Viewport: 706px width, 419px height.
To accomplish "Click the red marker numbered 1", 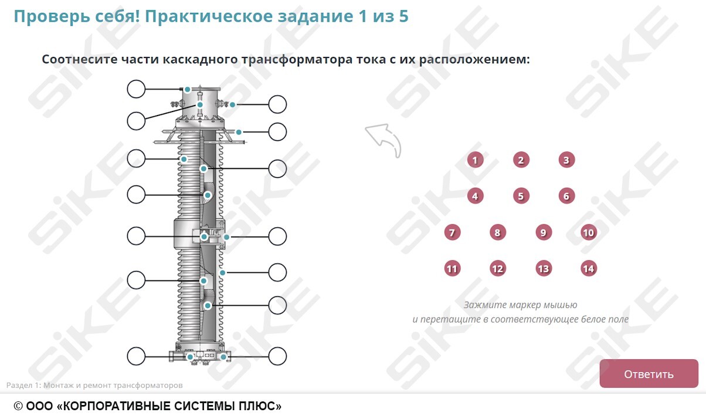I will click(475, 160).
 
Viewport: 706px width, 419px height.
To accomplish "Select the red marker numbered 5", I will click(521, 196).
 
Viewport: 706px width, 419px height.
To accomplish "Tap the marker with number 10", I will click(588, 232).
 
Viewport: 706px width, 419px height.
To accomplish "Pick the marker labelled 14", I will click(588, 269).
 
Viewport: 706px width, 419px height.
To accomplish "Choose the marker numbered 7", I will click(452, 232).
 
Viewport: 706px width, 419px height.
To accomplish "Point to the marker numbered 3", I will click(566, 160).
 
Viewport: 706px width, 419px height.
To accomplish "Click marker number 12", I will click(497, 269).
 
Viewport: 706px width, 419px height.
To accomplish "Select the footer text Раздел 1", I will click(23, 386).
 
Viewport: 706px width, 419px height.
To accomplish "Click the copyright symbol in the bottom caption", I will click(18, 406).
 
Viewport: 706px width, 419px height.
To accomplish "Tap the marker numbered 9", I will click(543, 232).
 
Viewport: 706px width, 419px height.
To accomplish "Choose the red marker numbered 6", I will click(566, 196).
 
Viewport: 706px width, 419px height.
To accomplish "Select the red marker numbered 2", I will click(520, 160).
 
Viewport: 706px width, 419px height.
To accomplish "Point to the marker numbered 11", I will click(452, 269).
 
